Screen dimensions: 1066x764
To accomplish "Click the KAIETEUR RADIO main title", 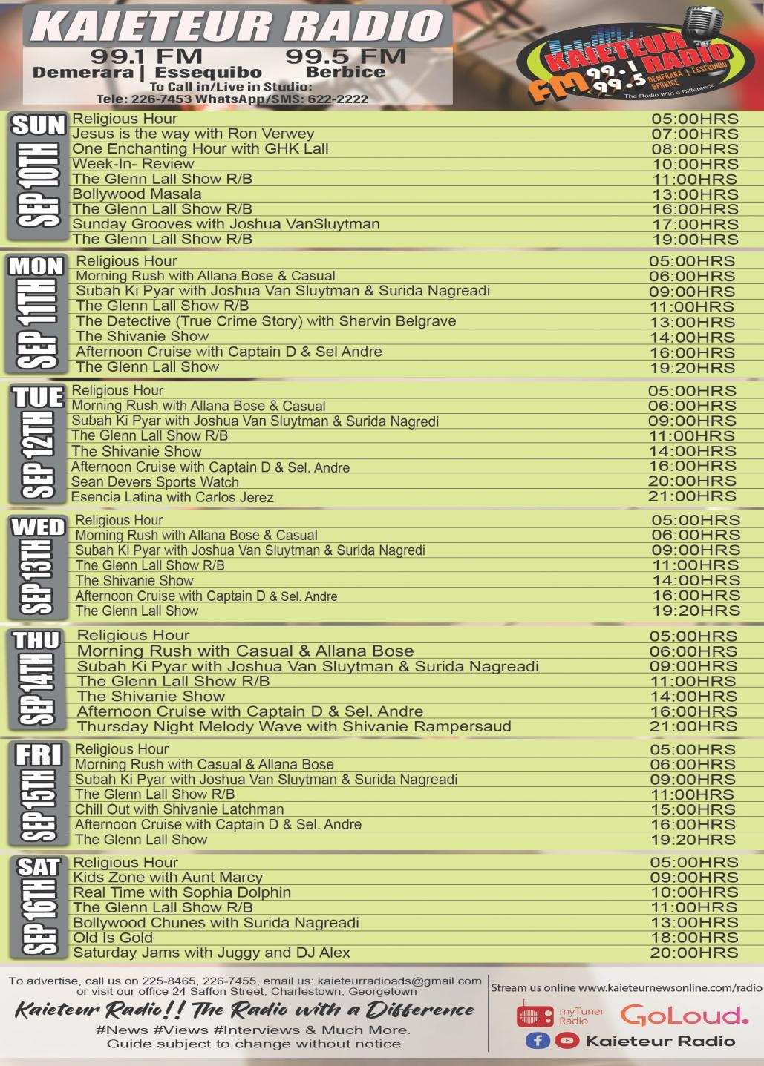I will [238, 27].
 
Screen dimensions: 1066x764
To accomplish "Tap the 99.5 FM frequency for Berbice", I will [345, 56].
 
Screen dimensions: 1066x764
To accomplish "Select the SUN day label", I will [38, 125].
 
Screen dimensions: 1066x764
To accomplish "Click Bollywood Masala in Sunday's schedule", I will [137, 194].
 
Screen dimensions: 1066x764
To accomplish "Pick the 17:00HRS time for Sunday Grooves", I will [695, 224].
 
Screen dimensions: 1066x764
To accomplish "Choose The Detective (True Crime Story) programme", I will [266, 321].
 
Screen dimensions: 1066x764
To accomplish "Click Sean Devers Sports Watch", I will [154, 482].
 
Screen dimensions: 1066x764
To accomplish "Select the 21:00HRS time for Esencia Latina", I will [692, 496].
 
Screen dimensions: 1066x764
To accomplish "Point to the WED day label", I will [38, 527].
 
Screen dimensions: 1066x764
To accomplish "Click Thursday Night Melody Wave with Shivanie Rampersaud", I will [294, 727].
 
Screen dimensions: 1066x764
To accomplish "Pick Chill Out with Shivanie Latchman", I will [179, 809].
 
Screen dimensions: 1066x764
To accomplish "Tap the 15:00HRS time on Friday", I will [693, 809].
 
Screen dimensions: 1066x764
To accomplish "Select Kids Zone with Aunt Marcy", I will [168, 878].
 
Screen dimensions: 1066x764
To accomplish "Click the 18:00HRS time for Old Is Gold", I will [694, 938].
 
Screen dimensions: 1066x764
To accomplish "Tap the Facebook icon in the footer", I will [537, 1041].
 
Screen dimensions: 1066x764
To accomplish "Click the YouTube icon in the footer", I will [567, 1041].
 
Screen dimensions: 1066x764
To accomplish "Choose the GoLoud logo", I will [684, 1015].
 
